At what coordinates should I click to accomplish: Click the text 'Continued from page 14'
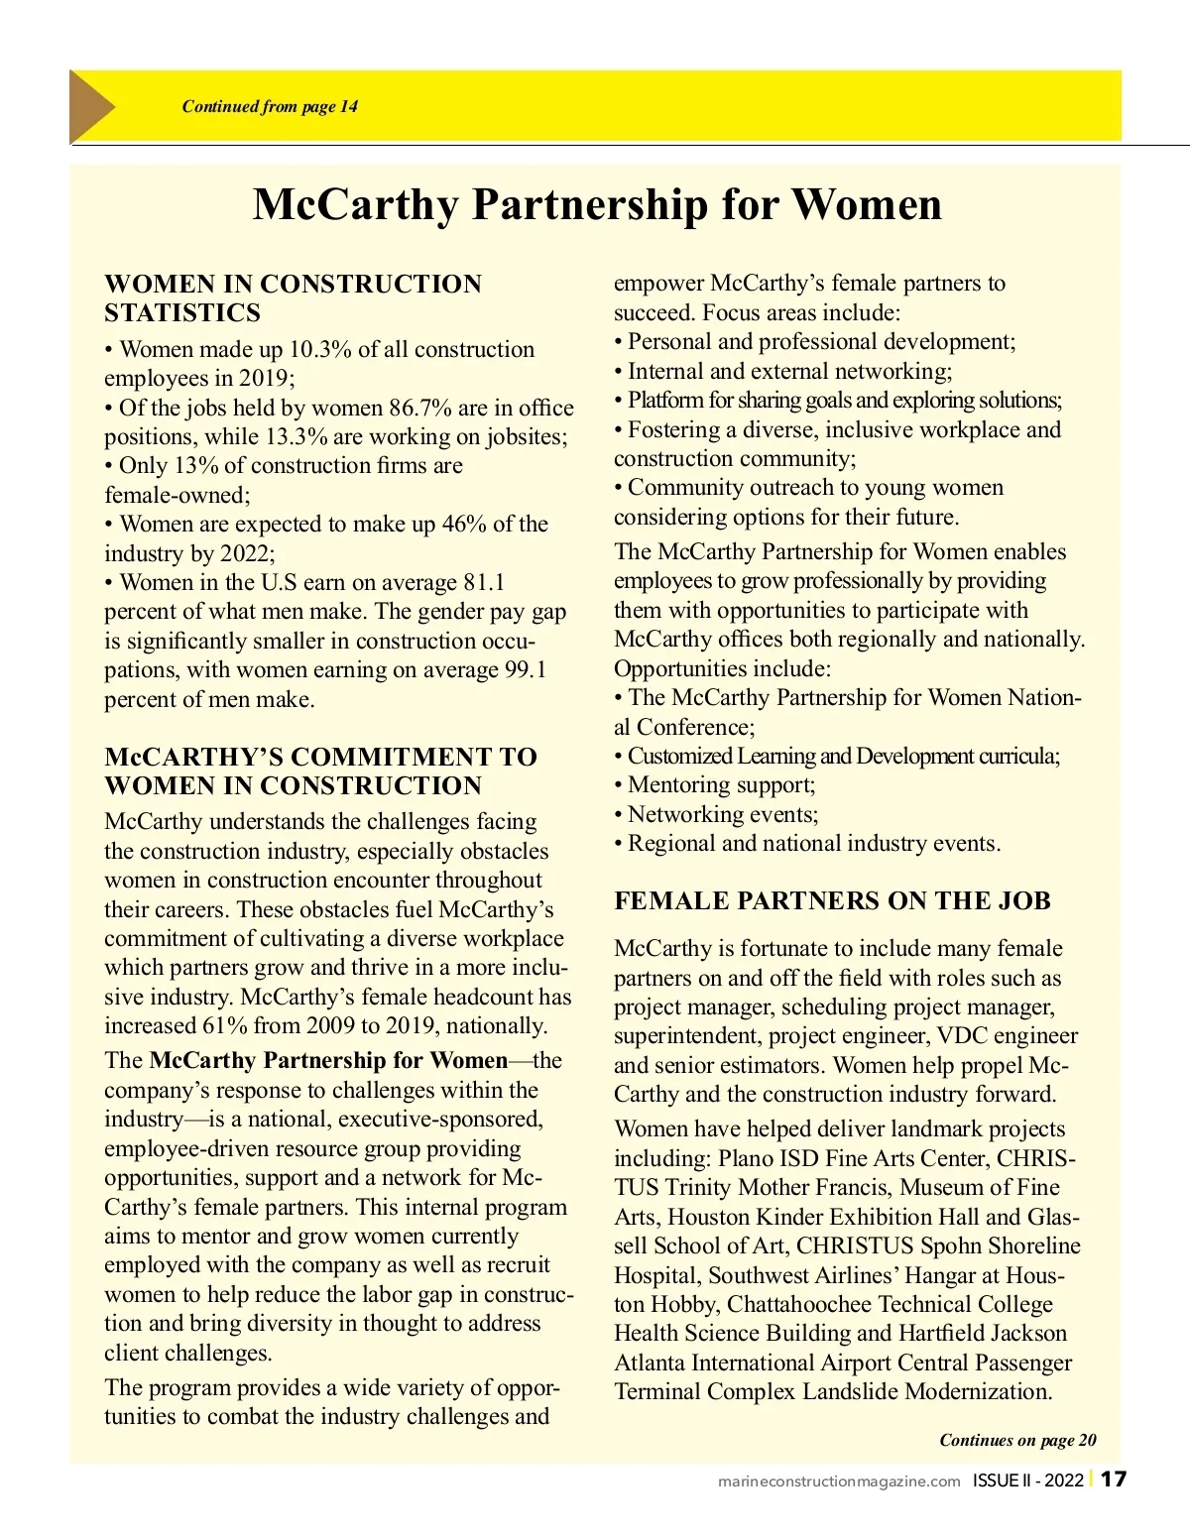pyautogui.click(x=270, y=107)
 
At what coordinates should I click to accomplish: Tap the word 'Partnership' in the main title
pyautogui.click(x=590, y=204)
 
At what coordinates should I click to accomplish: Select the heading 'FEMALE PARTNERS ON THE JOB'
pyautogui.click(x=832, y=900)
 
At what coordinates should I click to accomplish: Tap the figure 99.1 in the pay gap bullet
pyautogui.click(x=526, y=670)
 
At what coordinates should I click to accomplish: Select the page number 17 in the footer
pyautogui.click(x=1115, y=1480)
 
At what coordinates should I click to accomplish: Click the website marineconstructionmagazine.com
pyautogui.click(x=839, y=1481)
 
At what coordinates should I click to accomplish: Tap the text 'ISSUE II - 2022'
pyautogui.click(x=1027, y=1481)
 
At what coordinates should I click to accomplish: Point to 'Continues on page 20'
pyautogui.click(x=1017, y=1440)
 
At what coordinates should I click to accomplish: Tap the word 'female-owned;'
pyautogui.click(x=178, y=495)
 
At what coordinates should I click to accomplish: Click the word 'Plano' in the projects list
pyautogui.click(x=746, y=1158)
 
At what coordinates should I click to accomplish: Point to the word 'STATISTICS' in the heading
pyautogui.click(x=182, y=313)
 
